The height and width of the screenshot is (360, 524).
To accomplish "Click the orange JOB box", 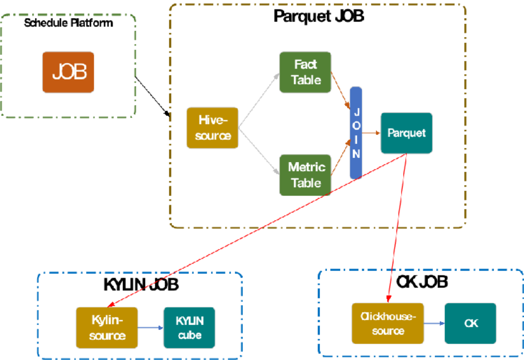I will (x=68, y=72).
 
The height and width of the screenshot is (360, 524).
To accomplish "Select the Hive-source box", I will (x=212, y=128).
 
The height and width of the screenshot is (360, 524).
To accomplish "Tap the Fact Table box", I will (x=305, y=72).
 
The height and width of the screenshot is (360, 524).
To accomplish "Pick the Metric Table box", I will (x=305, y=174).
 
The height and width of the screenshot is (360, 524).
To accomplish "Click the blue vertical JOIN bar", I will (x=355, y=132).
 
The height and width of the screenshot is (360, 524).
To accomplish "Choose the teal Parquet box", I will (x=406, y=133).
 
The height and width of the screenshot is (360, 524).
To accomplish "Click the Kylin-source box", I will (x=106, y=327).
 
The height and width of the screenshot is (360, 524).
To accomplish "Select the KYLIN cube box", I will (x=189, y=327).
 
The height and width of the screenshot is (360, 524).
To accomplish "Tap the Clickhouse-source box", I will (x=387, y=323).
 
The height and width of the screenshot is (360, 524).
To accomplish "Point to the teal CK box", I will (x=470, y=323).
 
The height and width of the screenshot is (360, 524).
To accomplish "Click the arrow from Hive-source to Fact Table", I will (x=259, y=100).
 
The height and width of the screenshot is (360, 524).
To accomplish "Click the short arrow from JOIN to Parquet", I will (x=371, y=133).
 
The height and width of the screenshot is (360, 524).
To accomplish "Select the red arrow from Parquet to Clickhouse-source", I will (x=397, y=225).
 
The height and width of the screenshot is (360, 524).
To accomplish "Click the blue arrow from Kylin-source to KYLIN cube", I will (x=150, y=328).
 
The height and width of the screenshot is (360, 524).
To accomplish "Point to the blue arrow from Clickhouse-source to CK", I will (x=434, y=323).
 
